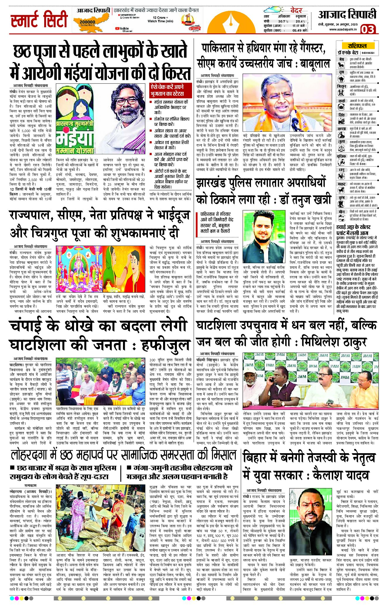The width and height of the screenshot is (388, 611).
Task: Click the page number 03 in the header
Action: [x=367, y=29]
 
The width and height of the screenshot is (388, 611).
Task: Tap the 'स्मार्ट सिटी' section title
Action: [x=39, y=20]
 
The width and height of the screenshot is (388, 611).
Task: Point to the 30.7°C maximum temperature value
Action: [x=283, y=21]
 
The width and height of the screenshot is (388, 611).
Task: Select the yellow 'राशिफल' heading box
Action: [x=357, y=46]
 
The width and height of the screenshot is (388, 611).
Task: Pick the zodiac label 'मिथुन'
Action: [x=341, y=86]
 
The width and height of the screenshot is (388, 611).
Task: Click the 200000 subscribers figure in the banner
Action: [x=87, y=22]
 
